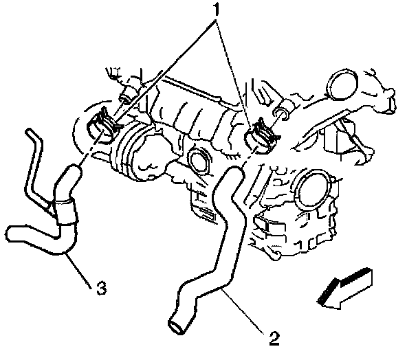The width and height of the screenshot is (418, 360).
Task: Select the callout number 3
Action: coord(100,289)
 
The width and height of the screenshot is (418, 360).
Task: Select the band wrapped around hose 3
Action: coord(64,208)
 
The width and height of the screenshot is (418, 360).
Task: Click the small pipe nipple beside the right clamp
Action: coord(283,113)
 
